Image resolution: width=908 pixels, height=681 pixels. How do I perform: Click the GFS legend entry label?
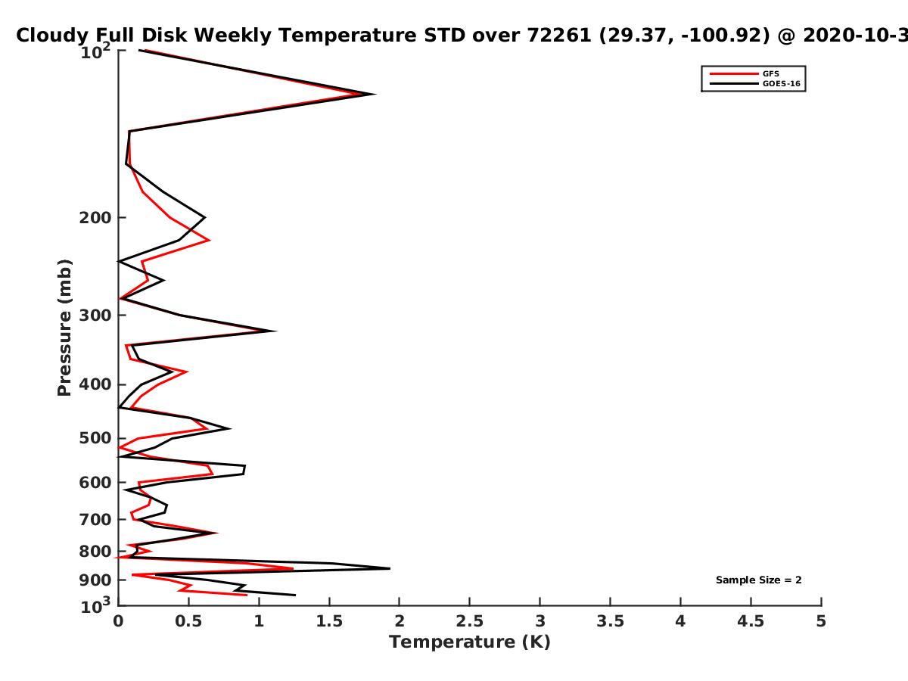coord(770,73)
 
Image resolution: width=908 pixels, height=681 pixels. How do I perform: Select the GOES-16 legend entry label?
coord(782,83)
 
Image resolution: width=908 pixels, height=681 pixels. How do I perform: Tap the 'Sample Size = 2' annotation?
coord(759,580)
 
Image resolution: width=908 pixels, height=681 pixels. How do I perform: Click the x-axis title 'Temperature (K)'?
coord(470,642)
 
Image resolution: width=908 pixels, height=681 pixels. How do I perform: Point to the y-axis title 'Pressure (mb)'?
coord(64,328)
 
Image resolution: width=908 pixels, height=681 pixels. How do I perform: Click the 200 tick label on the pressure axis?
coord(95,217)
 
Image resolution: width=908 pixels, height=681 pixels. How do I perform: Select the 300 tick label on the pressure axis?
coord(95,316)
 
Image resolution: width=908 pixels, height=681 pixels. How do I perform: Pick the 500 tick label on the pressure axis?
coord(95,438)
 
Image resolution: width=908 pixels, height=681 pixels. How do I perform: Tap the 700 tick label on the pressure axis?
coord(95,519)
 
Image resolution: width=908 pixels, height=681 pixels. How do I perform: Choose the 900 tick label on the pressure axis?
coord(95,580)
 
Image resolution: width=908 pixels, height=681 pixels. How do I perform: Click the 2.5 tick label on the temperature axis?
coord(470,621)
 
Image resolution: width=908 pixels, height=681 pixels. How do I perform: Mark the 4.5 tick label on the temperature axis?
coord(751,621)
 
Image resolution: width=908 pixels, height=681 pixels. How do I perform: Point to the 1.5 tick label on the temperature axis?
coord(329,621)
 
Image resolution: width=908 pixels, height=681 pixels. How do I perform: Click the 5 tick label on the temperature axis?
coord(821,621)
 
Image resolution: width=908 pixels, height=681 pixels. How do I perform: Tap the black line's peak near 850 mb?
coord(389,568)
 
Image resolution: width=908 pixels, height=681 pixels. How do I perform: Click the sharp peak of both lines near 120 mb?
coord(375,94)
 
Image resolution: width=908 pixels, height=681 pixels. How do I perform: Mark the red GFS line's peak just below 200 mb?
coord(210,240)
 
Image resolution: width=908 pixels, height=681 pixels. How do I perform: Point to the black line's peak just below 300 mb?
coord(275,331)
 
